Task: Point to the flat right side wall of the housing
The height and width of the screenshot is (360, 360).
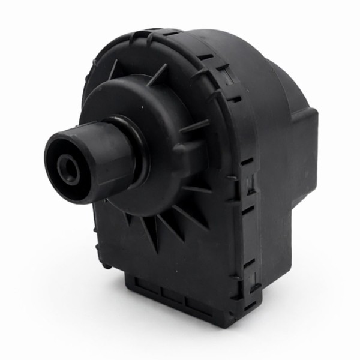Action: click(282, 198)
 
